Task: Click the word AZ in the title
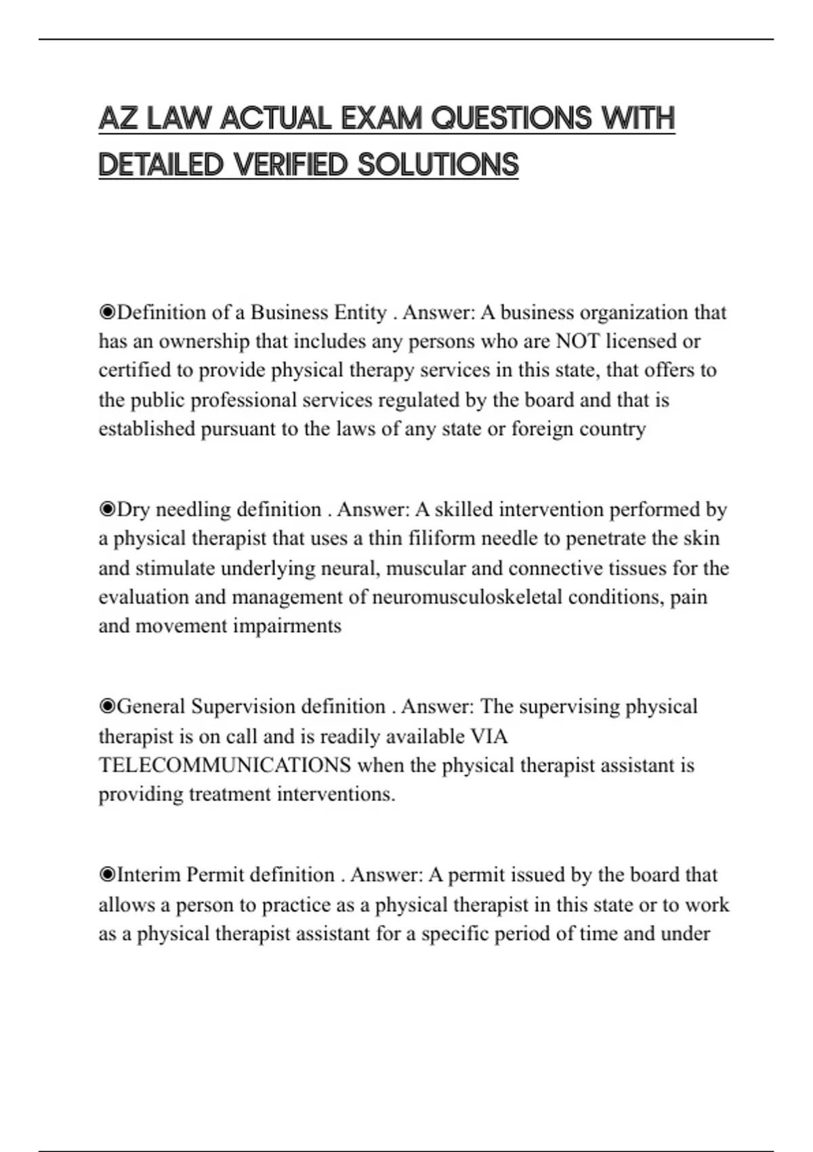(x=119, y=119)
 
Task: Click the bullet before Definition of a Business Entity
(x=107, y=312)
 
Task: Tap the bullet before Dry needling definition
(x=107, y=510)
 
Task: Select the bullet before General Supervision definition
(x=107, y=707)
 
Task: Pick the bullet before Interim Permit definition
(x=107, y=876)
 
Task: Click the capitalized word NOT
(x=577, y=341)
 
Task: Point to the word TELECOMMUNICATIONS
(x=225, y=765)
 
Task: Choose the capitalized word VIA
(x=488, y=736)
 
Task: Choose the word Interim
(x=149, y=876)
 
